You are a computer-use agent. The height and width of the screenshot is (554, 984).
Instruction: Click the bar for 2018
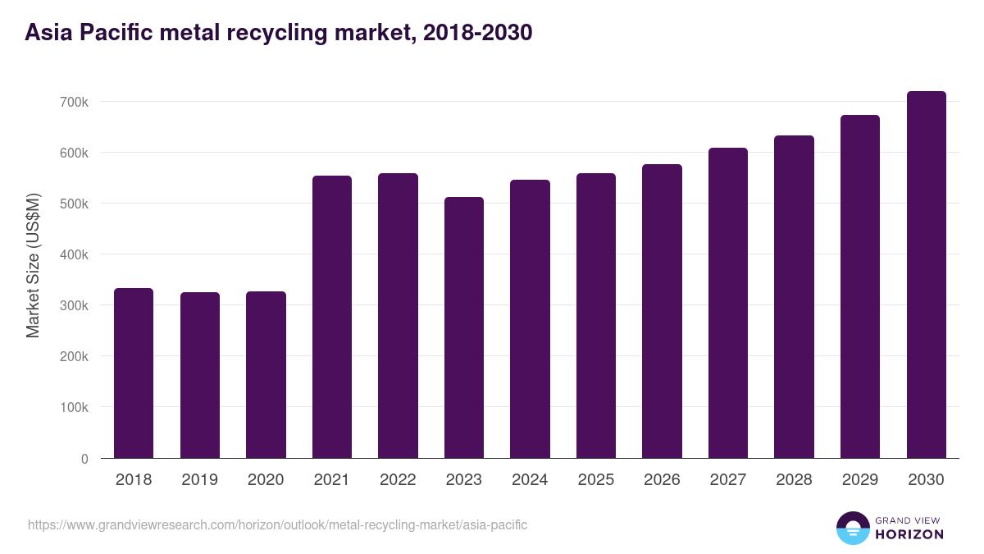pyautogui.click(x=134, y=373)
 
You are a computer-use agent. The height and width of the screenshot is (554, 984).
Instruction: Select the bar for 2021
pyautogui.click(x=332, y=317)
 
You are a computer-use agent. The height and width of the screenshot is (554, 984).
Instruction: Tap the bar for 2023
pyautogui.click(x=464, y=327)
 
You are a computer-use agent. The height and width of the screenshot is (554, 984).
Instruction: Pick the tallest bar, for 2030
pyautogui.click(x=927, y=275)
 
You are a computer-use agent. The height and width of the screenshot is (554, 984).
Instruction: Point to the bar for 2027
pyautogui.click(x=728, y=303)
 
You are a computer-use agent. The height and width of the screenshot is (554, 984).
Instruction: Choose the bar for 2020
pyautogui.click(x=266, y=375)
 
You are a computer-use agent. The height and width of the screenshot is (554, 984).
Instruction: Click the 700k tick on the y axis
pyautogui.click(x=74, y=102)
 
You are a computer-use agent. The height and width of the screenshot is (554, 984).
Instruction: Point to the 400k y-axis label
pyautogui.click(x=74, y=254)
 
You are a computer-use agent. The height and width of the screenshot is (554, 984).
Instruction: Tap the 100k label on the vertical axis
pyautogui.click(x=74, y=407)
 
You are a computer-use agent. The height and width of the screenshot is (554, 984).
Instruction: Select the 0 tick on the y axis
pyautogui.click(x=84, y=458)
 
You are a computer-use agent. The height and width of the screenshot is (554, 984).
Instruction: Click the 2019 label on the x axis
pyautogui.click(x=200, y=480)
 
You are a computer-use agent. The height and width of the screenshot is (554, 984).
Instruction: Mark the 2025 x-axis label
pyautogui.click(x=596, y=480)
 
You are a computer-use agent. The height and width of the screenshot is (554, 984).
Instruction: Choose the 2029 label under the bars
pyautogui.click(x=860, y=480)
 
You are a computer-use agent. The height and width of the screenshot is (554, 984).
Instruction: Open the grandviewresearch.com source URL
pyautogui.click(x=277, y=524)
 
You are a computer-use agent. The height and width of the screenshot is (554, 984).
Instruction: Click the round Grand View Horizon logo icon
pyautogui.click(x=852, y=528)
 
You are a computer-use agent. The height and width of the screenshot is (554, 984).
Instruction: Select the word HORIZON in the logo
pyautogui.click(x=909, y=534)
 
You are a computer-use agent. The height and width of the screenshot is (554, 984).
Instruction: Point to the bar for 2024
pyautogui.click(x=530, y=319)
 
